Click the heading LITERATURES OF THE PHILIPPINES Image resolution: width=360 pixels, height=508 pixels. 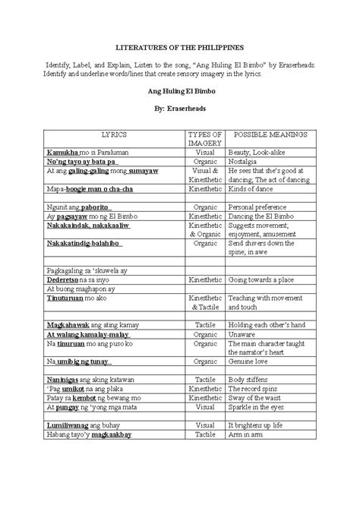click(x=180, y=46)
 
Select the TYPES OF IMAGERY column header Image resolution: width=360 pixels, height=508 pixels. click(x=205, y=138)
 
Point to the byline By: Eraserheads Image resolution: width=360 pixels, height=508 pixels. click(x=180, y=109)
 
